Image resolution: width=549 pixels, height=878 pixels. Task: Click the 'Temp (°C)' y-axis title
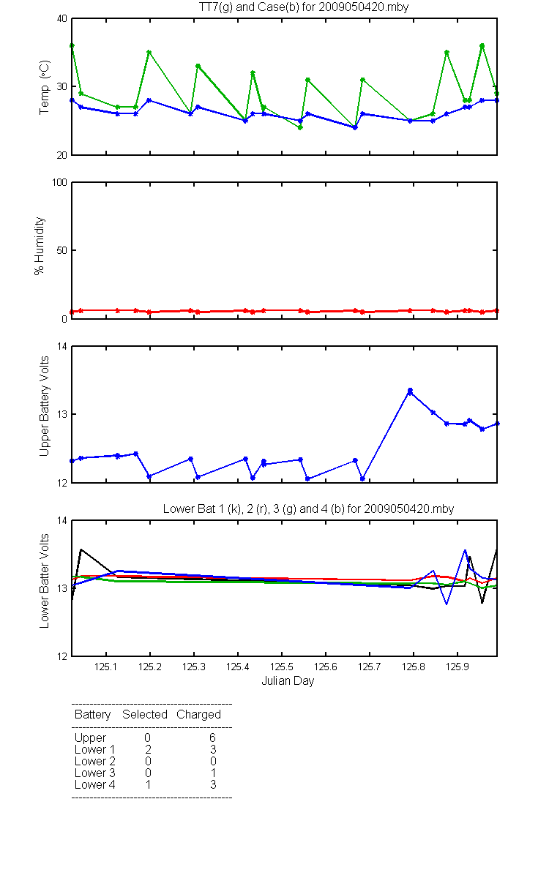(x=45, y=87)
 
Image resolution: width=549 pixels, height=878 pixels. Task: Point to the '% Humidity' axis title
(x=40, y=246)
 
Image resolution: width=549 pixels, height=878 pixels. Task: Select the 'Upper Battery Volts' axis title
(x=44, y=406)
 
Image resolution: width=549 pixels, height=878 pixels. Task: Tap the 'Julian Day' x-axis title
(x=288, y=681)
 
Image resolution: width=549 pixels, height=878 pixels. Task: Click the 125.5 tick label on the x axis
(x=282, y=667)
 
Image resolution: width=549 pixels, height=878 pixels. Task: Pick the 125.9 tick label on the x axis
(x=457, y=667)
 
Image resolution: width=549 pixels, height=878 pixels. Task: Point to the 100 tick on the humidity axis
(x=59, y=182)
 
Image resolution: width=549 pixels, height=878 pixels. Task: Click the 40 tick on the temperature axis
(x=62, y=18)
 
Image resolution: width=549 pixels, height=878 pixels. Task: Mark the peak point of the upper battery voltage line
(x=410, y=391)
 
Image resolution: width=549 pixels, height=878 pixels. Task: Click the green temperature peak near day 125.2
(x=149, y=52)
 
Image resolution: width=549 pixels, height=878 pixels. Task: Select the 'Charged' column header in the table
(x=198, y=715)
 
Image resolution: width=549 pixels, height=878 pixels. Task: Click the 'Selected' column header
(x=145, y=714)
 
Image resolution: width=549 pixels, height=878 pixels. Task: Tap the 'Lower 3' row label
(x=95, y=773)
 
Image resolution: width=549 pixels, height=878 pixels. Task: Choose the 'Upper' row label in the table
(x=90, y=738)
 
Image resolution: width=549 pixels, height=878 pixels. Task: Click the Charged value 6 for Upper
(x=213, y=738)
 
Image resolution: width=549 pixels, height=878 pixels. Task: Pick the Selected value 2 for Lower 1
(x=148, y=749)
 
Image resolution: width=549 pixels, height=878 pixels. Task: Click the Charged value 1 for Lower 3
(x=213, y=773)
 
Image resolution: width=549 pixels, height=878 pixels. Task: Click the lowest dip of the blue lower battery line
(x=447, y=604)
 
